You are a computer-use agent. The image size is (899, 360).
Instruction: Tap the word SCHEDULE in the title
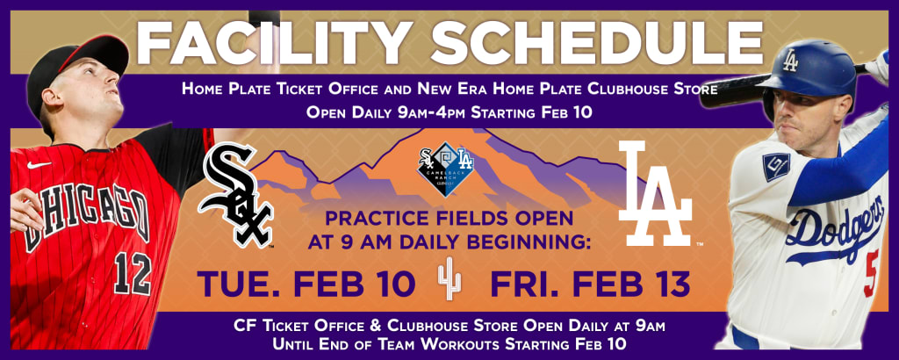point(597,42)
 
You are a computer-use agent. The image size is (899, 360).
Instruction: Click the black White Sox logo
point(235,195)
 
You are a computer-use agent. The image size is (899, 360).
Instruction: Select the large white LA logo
point(655,193)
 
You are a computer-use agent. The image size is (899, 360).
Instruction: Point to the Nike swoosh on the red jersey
point(39,164)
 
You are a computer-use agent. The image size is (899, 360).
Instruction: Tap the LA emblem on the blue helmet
point(791,61)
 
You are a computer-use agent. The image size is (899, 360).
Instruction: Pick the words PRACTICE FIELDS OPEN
point(449,219)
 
